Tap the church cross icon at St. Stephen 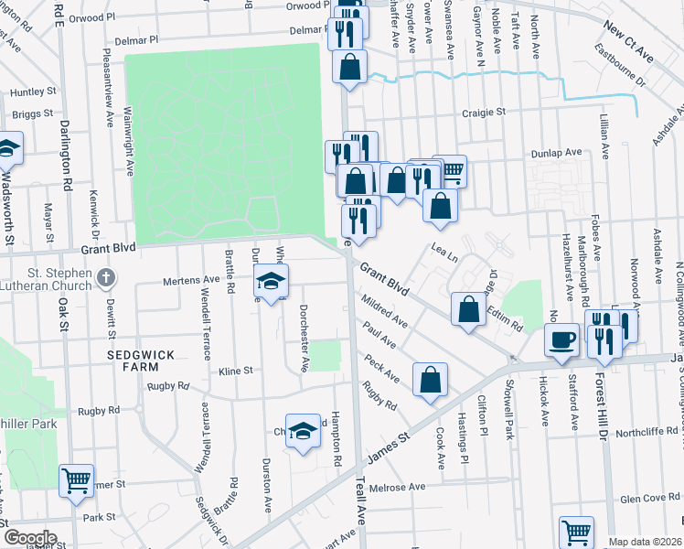click(107, 276)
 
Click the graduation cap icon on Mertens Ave click(272, 282)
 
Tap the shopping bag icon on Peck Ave click(430, 380)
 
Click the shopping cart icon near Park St click(76, 479)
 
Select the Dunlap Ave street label click(561, 153)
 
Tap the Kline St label click(235, 371)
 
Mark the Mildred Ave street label click(384, 309)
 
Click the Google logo click(29, 538)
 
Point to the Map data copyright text click(646, 542)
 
